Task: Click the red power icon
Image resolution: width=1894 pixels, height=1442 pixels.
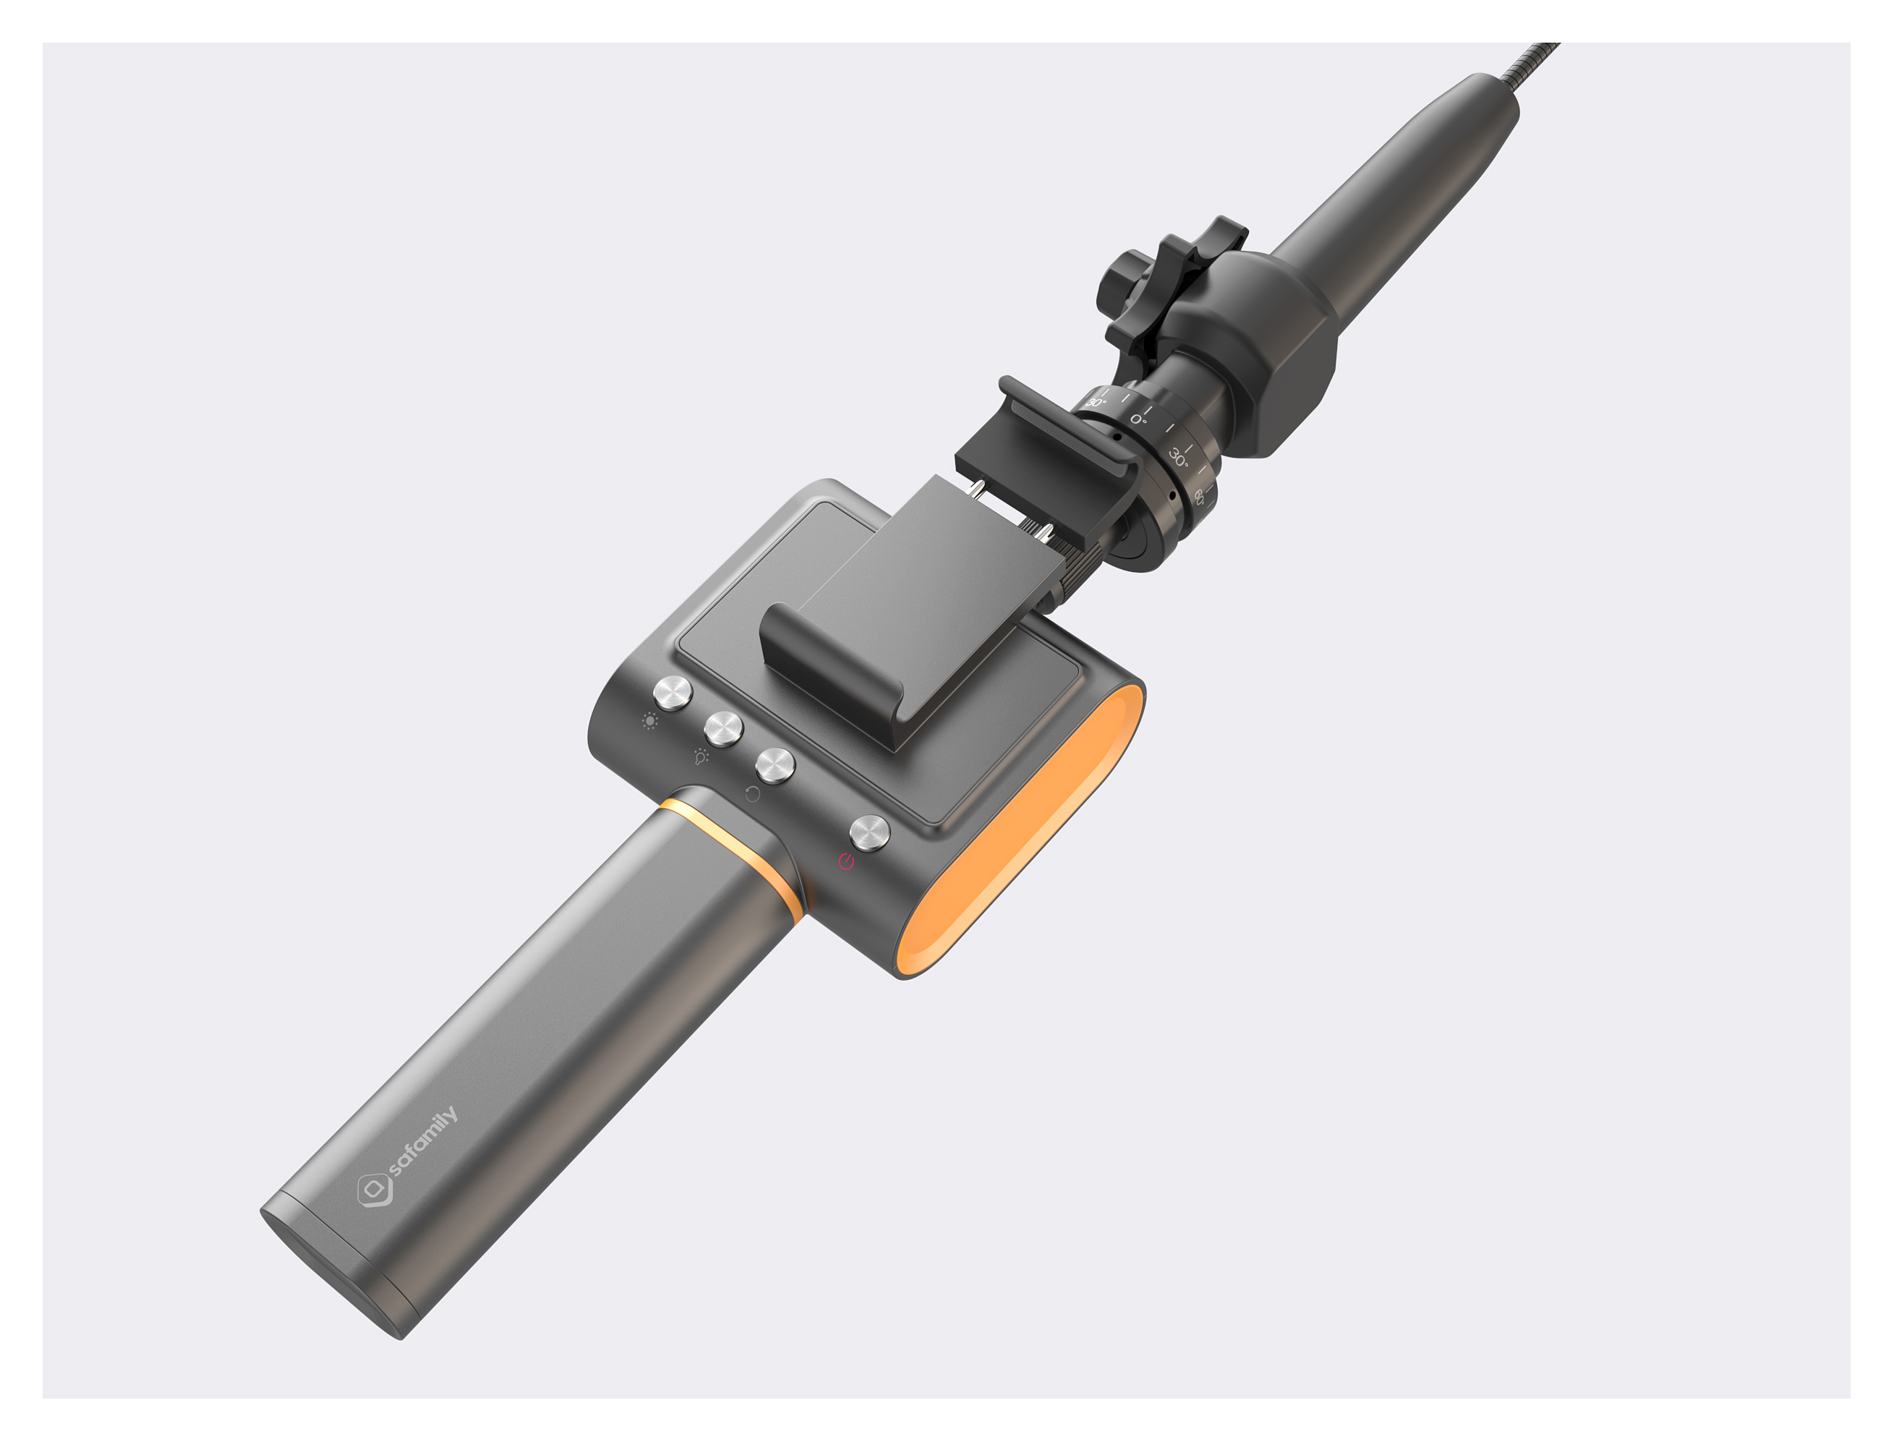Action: pos(846,861)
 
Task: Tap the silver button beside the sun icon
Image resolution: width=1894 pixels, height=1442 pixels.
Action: pos(673,694)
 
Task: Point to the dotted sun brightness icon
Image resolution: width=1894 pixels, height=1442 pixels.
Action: pos(649,721)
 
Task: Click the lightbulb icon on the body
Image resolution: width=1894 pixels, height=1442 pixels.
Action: pos(701,757)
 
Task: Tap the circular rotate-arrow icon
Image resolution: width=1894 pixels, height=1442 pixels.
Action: pos(753,794)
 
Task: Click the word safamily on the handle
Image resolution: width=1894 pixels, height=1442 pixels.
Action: pos(423,1143)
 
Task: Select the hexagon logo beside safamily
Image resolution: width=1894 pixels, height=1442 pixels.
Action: pos(375,1190)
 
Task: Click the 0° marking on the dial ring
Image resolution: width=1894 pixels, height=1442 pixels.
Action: pos(1138,419)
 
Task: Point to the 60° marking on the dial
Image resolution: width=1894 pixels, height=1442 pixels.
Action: pos(1200,496)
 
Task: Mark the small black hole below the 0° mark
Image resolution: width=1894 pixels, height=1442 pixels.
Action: pos(1117,437)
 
